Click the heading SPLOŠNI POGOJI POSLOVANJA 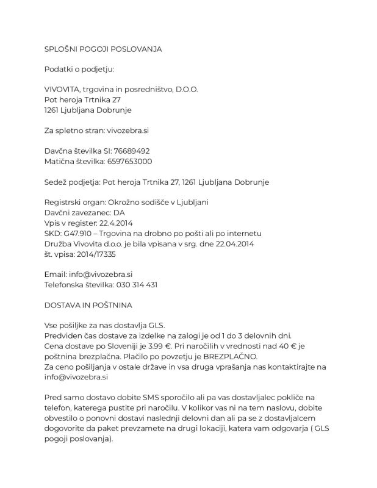tap(103, 48)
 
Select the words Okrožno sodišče tap(141, 202)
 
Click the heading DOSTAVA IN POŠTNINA tap(88, 304)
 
